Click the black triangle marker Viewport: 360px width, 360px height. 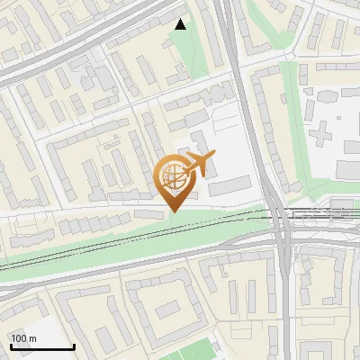tap(181, 24)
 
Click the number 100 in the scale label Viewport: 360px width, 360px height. tap(20, 338)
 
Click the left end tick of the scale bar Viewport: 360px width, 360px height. tap(11, 346)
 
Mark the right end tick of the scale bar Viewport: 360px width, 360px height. tap(74, 346)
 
